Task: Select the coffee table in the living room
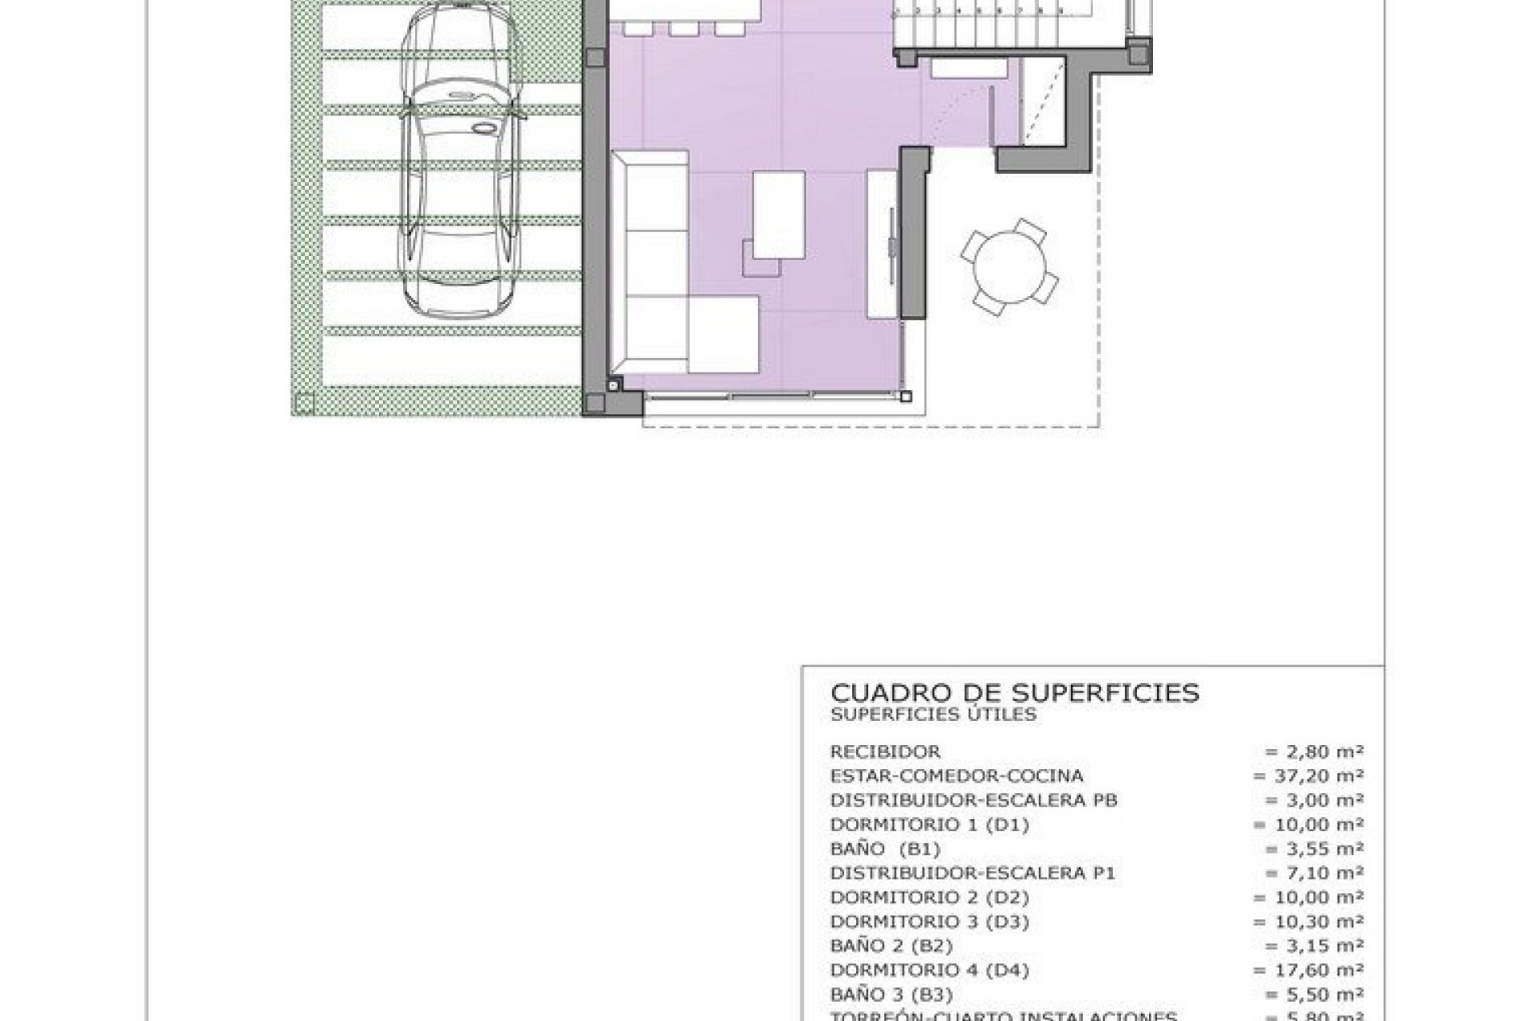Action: (779, 215)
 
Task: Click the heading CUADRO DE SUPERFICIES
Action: (1014, 692)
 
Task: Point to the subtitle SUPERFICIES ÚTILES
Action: (934, 715)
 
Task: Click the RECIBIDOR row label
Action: (885, 751)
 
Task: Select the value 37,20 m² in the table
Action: (1308, 775)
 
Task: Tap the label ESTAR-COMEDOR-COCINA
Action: (957, 775)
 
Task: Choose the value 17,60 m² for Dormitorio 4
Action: (1308, 970)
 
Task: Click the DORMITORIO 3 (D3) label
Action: (930, 921)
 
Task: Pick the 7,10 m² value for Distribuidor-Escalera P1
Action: (1313, 873)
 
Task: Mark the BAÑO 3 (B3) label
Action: (891, 994)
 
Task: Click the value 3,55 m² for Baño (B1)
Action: (1313, 849)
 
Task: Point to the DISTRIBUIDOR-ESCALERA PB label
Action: (973, 800)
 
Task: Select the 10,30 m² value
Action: (1308, 921)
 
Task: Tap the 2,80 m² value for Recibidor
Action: (1313, 751)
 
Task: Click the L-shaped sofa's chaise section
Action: (722, 333)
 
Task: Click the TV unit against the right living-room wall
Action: (883, 243)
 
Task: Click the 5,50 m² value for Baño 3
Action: (1313, 994)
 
